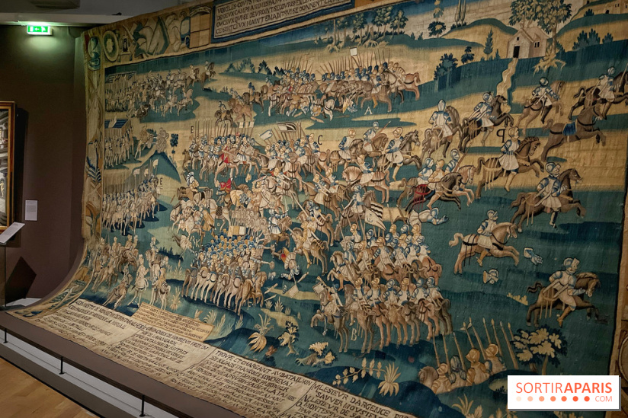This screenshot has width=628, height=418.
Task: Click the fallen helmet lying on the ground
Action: click(x=492, y=276)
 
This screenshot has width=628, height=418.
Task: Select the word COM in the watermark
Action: click(x=604, y=398)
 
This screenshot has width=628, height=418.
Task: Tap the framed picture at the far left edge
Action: click(x=6, y=164)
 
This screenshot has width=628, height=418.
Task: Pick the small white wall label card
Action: click(x=30, y=210)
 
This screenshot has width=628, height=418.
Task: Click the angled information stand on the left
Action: click(x=11, y=233)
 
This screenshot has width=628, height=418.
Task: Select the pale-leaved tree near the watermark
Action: click(x=538, y=343)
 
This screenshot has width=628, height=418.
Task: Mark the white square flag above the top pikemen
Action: click(x=354, y=52)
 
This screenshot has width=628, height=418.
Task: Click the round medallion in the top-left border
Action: click(x=111, y=46)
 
